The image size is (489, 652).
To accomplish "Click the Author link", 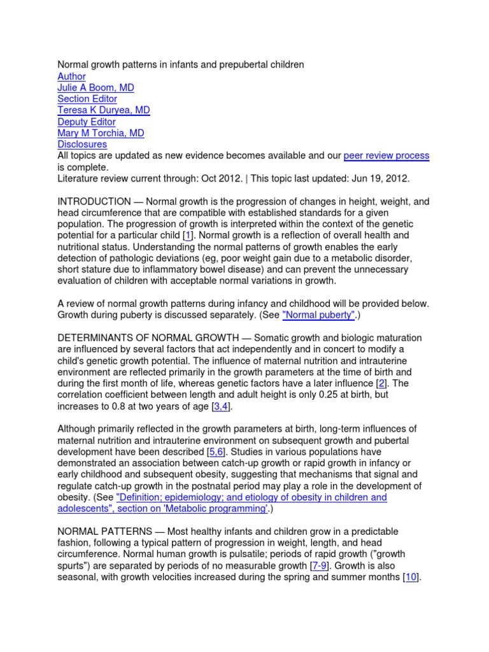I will (71, 76).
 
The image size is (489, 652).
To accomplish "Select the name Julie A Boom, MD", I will (96, 88).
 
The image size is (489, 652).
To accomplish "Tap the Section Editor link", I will (87, 99).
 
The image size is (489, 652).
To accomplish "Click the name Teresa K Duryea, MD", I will (104, 111).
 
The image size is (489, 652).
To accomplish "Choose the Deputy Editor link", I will (87, 122).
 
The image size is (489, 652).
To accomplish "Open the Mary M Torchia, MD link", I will (101, 134).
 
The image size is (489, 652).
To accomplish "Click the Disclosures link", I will (82, 145).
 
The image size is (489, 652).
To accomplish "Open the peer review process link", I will (386, 156).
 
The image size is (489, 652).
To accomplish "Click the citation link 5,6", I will (214, 451).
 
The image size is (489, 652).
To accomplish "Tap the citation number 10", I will (411, 577).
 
